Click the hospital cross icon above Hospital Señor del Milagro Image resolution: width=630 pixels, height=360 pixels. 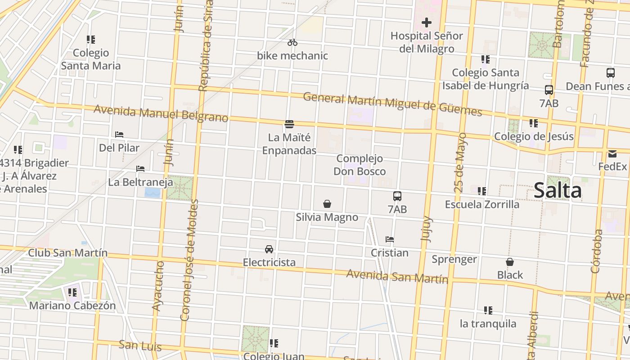pyautogui.click(x=426, y=22)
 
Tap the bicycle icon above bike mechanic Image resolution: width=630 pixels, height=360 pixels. pyautogui.click(x=292, y=42)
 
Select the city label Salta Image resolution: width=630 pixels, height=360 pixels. pyautogui.click(x=558, y=190)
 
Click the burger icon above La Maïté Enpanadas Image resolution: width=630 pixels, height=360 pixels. pyautogui.click(x=289, y=124)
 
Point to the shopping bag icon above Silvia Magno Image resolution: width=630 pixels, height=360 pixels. pyautogui.click(x=327, y=204)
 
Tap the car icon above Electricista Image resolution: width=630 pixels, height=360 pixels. pyautogui.click(x=269, y=249)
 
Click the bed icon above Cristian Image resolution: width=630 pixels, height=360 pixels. pyautogui.click(x=390, y=239)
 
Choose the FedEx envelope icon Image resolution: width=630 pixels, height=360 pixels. pyautogui.click(x=612, y=154)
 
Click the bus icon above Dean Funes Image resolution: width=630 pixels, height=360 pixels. pyautogui.click(x=610, y=73)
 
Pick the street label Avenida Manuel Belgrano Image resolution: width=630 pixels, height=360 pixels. pyautogui.click(x=161, y=113)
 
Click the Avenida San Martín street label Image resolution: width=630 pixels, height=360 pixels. pyautogui.click(x=397, y=276)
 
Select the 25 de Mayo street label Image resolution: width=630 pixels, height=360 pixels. pyautogui.click(x=460, y=162)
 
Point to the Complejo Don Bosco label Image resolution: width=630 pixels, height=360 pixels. pyautogui.click(x=360, y=165)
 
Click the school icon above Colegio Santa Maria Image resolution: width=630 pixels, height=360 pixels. pyautogui.click(x=91, y=40)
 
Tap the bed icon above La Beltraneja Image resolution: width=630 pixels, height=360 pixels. pyautogui.click(x=140, y=169)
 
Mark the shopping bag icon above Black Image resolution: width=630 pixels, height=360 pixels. pyautogui.click(x=510, y=262)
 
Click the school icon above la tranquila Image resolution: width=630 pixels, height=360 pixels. pyautogui.click(x=488, y=310)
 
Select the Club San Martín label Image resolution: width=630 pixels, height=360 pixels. pyautogui.click(x=68, y=252)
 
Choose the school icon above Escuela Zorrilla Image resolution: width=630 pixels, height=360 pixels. pyautogui.click(x=482, y=191)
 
